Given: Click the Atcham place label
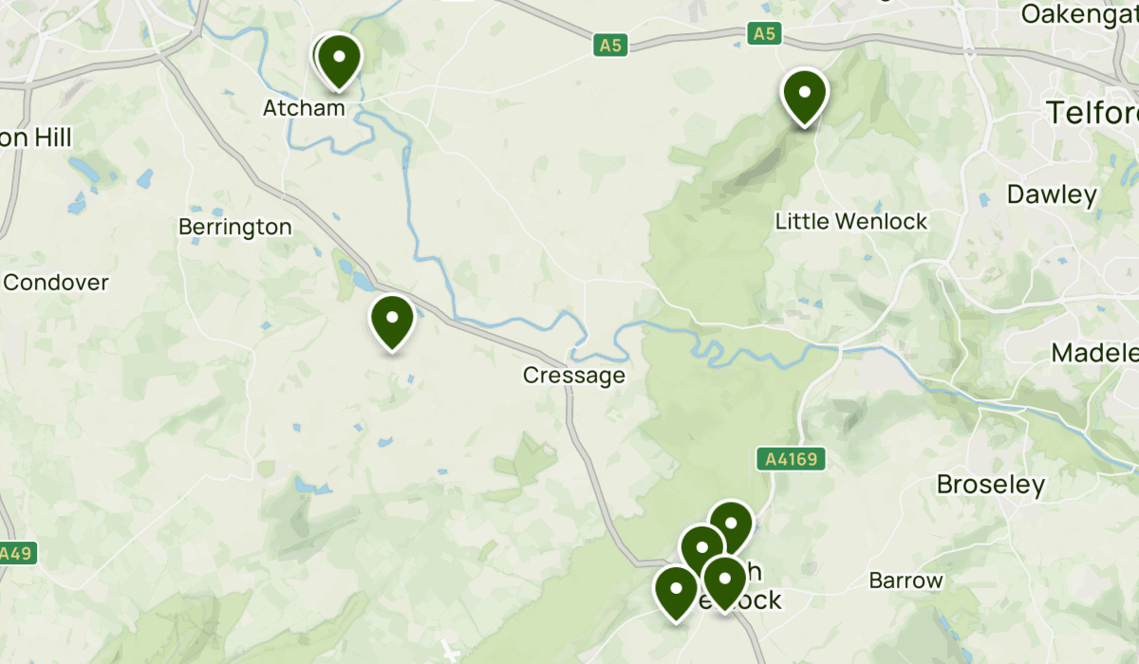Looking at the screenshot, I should pyautogui.click(x=304, y=108).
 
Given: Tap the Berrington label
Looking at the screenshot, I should pyautogui.click(x=235, y=228).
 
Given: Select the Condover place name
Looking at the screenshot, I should pyautogui.click(x=57, y=283).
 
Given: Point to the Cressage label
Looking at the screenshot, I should pyautogui.click(x=574, y=376).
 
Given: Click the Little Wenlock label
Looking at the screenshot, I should pyautogui.click(x=851, y=222).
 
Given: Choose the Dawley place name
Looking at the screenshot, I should pyautogui.click(x=1052, y=195).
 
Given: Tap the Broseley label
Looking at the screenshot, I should pyautogui.click(x=990, y=486).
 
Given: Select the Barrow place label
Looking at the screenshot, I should pyautogui.click(x=906, y=581).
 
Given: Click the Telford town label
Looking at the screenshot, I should pyautogui.click(x=1092, y=113).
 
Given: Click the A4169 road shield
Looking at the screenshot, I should pyautogui.click(x=791, y=460).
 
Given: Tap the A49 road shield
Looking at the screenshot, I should pyautogui.click(x=16, y=553).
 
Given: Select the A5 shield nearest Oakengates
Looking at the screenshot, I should pyautogui.click(x=764, y=34).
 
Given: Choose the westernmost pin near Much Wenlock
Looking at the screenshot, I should pyautogui.click(x=676, y=592).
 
